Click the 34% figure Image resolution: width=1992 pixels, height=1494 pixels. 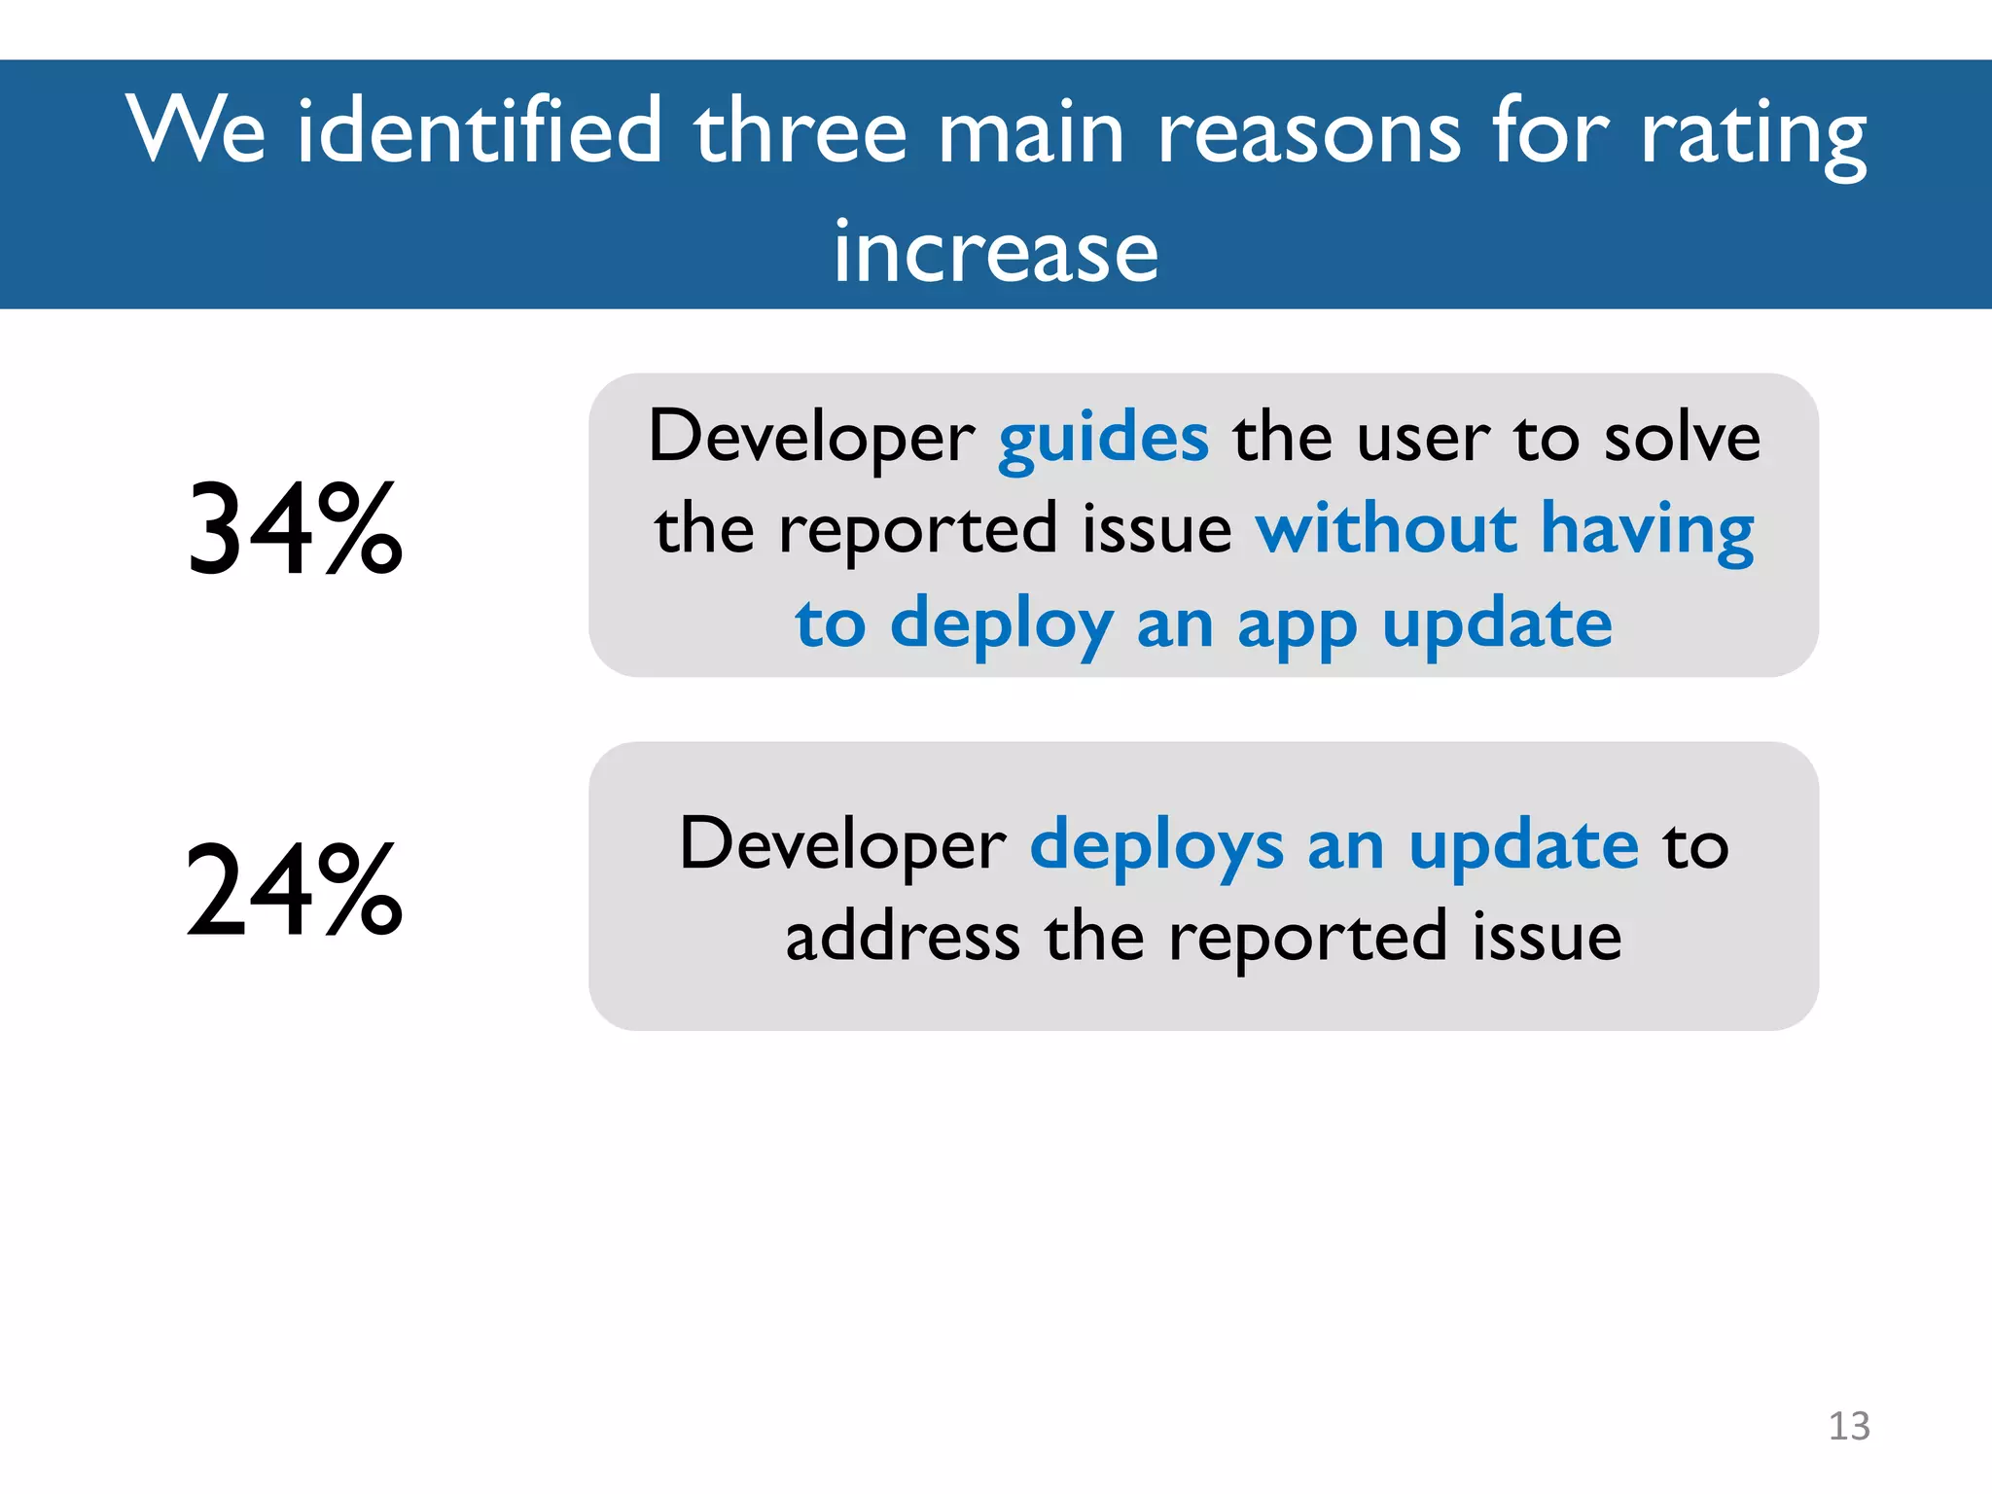click(x=295, y=529)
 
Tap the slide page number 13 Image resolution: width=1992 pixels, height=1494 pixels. click(x=1848, y=1426)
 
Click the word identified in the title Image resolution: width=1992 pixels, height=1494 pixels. click(x=480, y=131)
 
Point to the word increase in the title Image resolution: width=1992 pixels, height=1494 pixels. click(x=996, y=252)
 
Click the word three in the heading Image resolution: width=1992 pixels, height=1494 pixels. click(x=800, y=131)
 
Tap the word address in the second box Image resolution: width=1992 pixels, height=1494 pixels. click(x=902, y=938)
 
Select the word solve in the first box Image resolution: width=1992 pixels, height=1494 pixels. click(x=1682, y=438)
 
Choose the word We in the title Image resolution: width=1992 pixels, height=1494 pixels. click(x=196, y=131)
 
